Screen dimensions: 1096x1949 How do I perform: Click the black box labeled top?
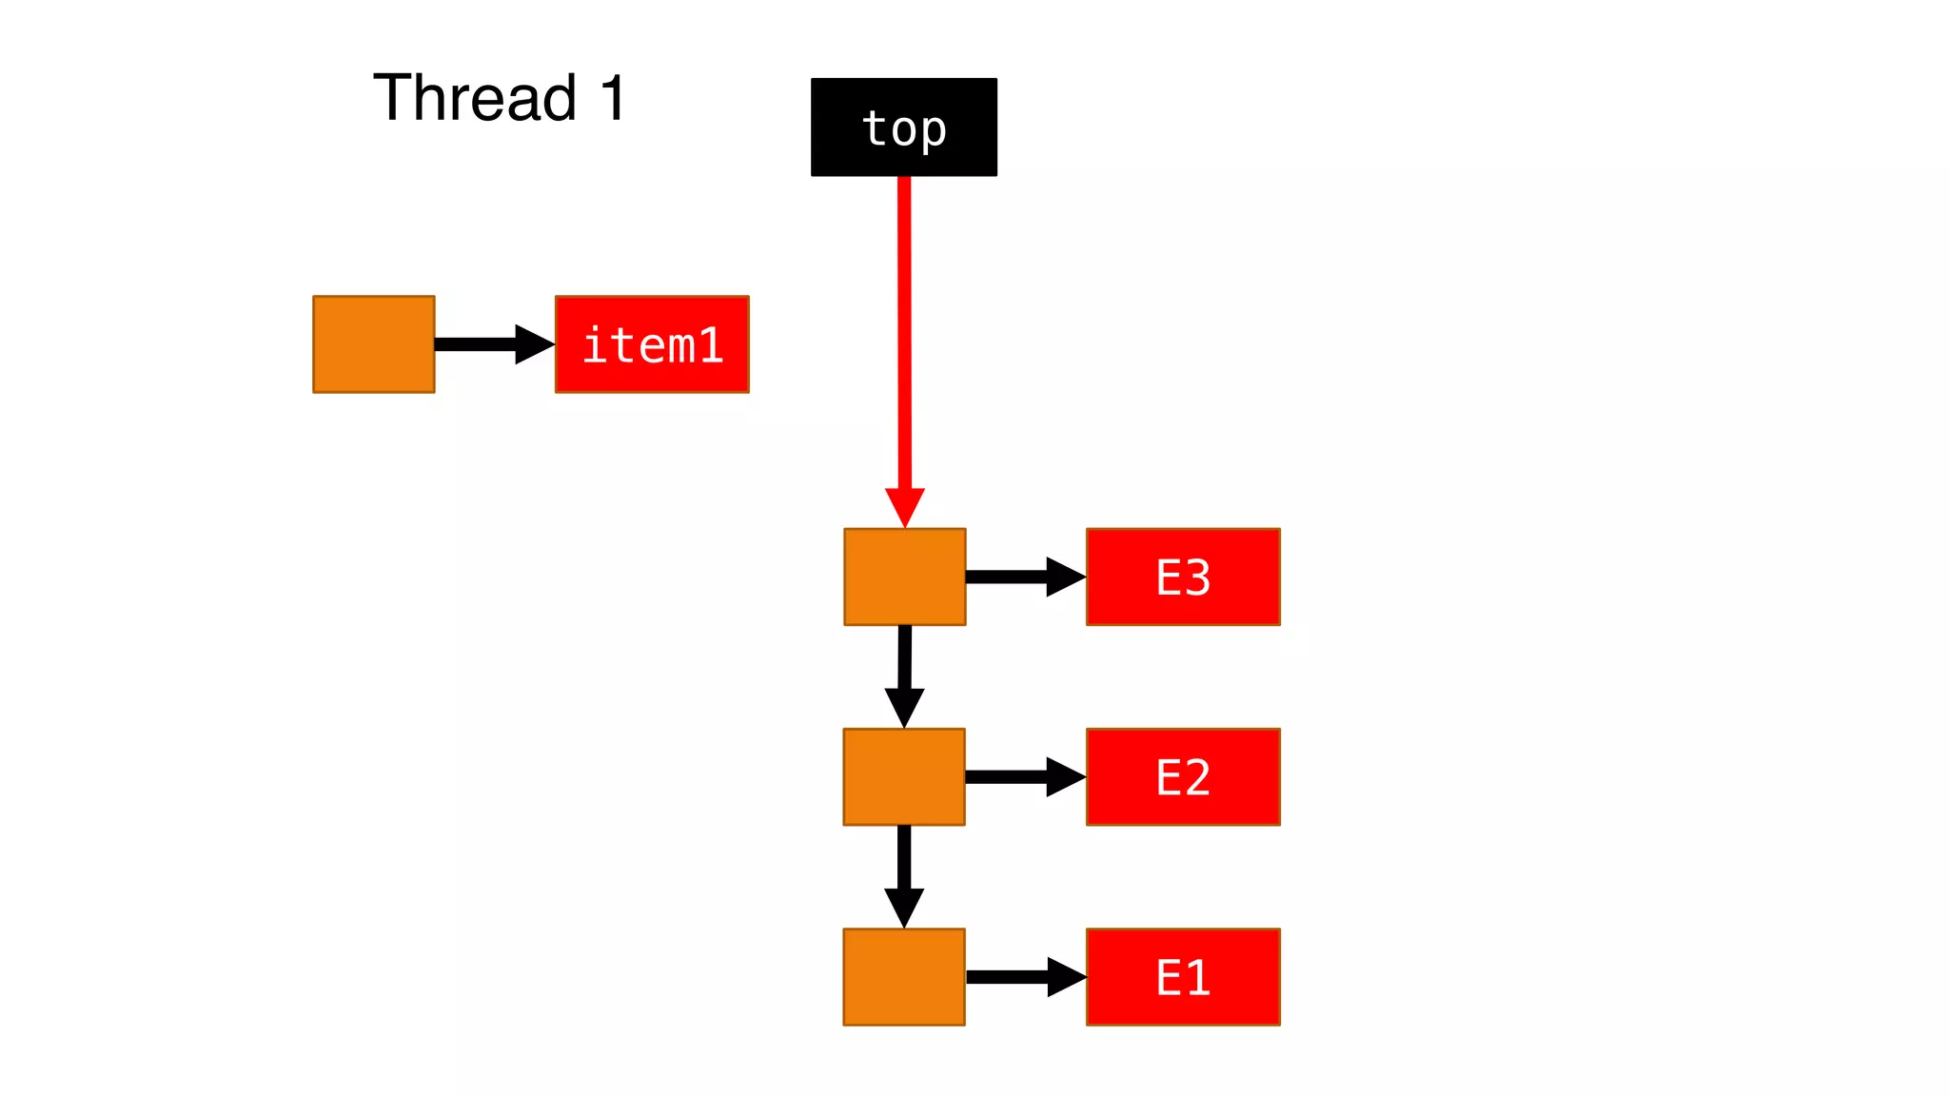coord(903,127)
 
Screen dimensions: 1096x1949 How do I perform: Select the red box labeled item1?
coord(652,344)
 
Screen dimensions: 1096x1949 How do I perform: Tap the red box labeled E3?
coord(1183,577)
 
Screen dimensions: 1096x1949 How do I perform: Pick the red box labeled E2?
coord(1183,776)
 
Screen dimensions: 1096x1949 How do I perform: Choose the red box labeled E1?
coord(1183,977)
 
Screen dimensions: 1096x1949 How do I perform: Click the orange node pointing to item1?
coord(373,344)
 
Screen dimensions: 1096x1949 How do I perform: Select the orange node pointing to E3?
coord(904,577)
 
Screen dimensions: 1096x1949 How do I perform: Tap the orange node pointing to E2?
coord(904,776)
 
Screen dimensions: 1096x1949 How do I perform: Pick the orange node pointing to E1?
coord(904,977)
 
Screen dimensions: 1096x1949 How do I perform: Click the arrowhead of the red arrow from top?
coord(904,506)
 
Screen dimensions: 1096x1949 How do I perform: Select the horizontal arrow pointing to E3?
coord(1024,577)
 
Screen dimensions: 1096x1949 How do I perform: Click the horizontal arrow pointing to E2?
coord(1024,776)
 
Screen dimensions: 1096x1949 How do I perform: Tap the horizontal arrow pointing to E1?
coord(1024,977)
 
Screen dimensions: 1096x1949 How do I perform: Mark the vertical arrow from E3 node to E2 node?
coord(904,675)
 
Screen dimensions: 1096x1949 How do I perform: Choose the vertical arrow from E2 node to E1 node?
coord(904,875)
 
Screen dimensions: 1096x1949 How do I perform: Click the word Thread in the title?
coord(475,98)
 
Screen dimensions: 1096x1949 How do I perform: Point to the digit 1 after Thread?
coord(613,98)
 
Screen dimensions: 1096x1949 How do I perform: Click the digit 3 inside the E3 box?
coord(1197,577)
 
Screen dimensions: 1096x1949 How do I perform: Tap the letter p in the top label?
coord(934,131)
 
